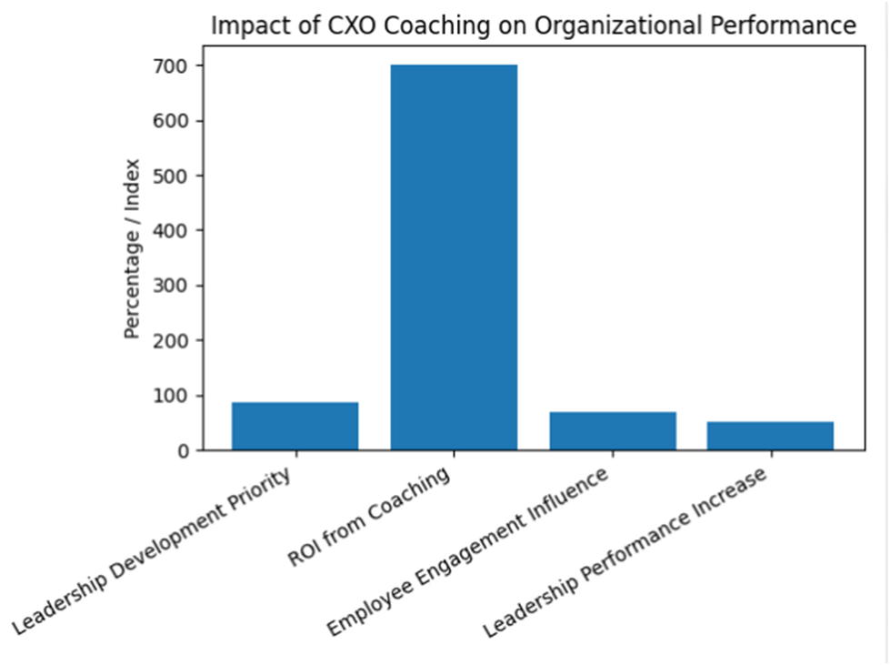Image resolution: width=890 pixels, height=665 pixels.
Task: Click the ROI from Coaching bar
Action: (x=454, y=257)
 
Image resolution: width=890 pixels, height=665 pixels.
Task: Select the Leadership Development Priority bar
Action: (x=295, y=427)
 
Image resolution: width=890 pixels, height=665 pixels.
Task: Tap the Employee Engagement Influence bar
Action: (x=613, y=431)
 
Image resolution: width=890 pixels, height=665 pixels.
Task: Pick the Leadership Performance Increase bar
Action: (x=770, y=436)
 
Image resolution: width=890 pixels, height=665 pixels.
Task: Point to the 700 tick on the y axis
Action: (x=170, y=66)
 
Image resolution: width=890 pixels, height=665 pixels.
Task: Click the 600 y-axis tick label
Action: (x=170, y=121)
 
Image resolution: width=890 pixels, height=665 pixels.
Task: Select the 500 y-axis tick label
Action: (x=170, y=176)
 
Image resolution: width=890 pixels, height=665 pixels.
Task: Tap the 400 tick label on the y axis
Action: (x=170, y=231)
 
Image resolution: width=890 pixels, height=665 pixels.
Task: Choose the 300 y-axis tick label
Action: (x=170, y=286)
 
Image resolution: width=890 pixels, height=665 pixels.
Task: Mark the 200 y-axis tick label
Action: (x=170, y=340)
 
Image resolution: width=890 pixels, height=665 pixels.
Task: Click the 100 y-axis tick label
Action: (x=170, y=396)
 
